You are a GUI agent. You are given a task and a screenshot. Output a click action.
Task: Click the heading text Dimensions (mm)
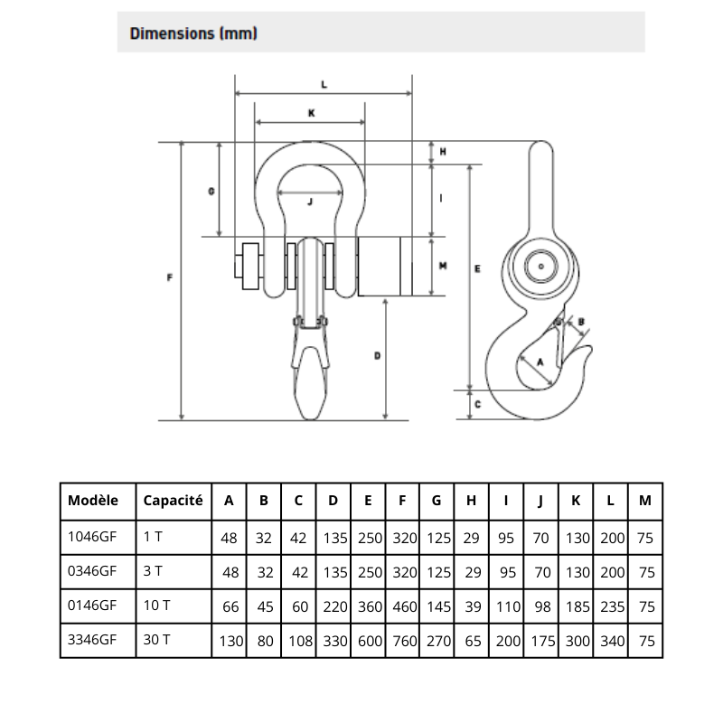194,33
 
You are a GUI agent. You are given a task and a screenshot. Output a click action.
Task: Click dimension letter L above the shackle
324,84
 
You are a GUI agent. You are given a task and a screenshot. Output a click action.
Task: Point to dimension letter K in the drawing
310,113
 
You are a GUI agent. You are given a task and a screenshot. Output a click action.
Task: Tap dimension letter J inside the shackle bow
310,202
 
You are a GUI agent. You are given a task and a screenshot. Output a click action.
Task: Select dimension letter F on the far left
171,278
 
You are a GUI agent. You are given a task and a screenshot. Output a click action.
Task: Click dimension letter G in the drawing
210,191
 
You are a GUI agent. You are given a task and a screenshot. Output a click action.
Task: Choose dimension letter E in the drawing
476,268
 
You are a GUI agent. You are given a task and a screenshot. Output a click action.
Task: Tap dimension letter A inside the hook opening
539,361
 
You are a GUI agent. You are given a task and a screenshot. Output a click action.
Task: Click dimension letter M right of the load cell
442,266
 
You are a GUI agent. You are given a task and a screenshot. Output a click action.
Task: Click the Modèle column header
93,500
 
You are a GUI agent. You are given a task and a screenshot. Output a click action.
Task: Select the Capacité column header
173,500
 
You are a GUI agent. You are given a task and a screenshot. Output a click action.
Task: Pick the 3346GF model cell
93,639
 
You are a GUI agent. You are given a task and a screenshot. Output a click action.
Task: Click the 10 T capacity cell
156,605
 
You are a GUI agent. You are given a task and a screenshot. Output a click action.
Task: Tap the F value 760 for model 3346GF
404,639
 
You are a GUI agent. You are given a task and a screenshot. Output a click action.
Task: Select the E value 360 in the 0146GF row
369,605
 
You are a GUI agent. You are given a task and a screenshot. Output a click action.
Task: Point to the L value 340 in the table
612,639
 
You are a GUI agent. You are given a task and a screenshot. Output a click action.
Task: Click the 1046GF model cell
93,537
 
